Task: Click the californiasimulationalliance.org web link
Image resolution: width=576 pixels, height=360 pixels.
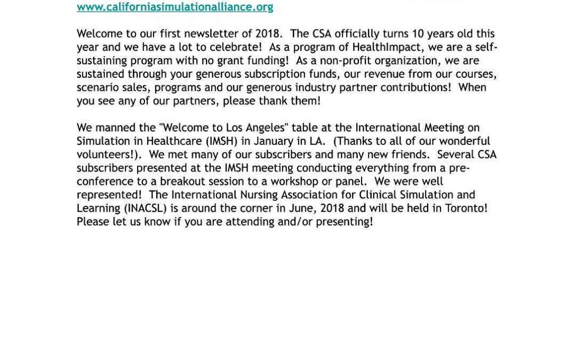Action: (x=175, y=7)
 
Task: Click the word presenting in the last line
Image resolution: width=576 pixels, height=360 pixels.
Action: (x=344, y=222)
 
